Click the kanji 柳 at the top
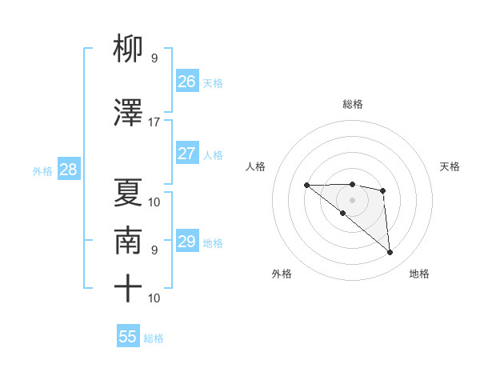coord(128,50)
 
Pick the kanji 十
coord(128,288)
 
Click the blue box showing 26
coord(187,82)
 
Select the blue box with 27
coord(187,154)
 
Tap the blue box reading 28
coord(68,170)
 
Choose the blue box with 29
coord(187,242)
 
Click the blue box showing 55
coord(128,337)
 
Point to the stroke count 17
coord(154,122)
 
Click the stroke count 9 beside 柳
coord(154,58)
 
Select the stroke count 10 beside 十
coord(154,298)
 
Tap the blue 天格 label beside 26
coord(213,82)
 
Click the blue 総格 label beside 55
coord(154,338)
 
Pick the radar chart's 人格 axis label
coord(255,166)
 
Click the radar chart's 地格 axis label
coord(419,274)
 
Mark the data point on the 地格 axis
coord(390,253)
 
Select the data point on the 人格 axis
coord(306,186)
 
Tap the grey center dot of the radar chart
coord(352,199)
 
